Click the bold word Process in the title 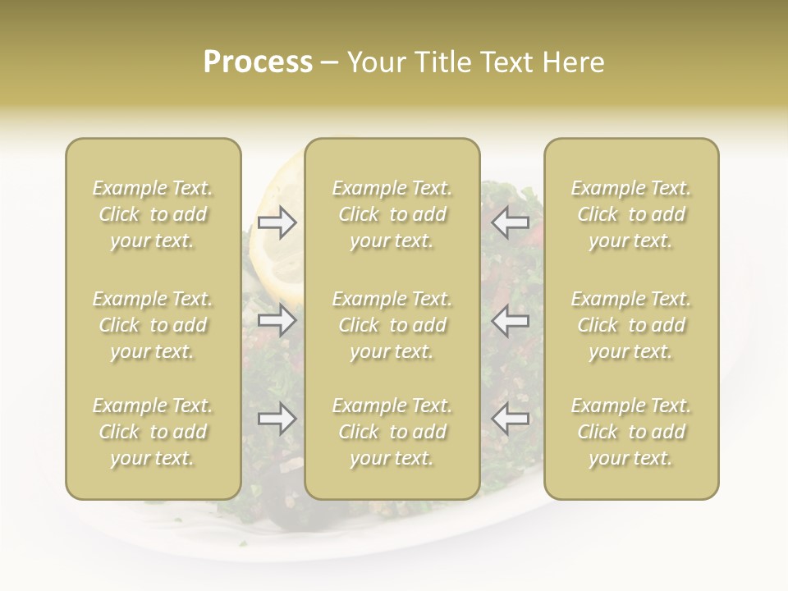pyautogui.click(x=258, y=62)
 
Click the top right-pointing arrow pyautogui.click(x=277, y=222)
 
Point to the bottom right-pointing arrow pyautogui.click(x=277, y=419)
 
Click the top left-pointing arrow pyautogui.click(x=510, y=222)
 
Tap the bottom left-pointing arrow pyautogui.click(x=510, y=419)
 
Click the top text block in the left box pyautogui.click(x=153, y=214)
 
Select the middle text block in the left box pyautogui.click(x=153, y=325)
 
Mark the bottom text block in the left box pyautogui.click(x=153, y=432)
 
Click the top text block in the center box pyautogui.click(x=392, y=214)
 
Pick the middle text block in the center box pyautogui.click(x=392, y=325)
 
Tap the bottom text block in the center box pyautogui.click(x=392, y=432)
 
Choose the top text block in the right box pyautogui.click(x=630, y=214)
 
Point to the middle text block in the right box pyautogui.click(x=630, y=325)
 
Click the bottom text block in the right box pyautogui.click(x=630, y=432)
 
